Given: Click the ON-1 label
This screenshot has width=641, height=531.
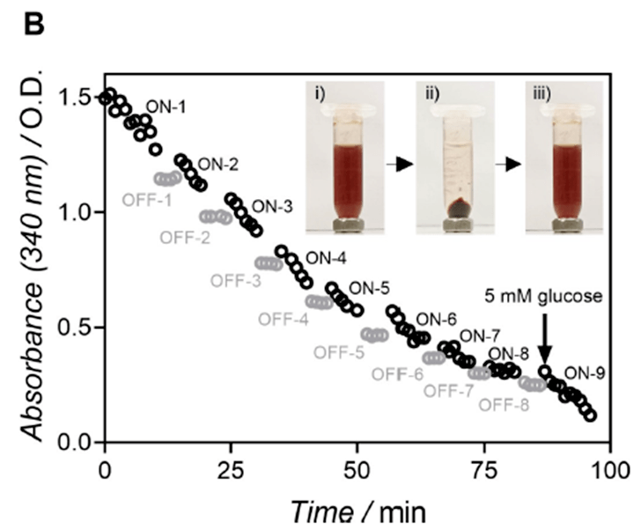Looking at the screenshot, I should point(166,106).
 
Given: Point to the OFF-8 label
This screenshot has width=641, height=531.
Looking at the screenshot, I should point(505,406).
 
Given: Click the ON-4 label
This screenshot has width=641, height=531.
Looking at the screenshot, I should point(326,260).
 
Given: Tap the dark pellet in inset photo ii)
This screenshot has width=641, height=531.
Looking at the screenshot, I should point(460,210).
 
